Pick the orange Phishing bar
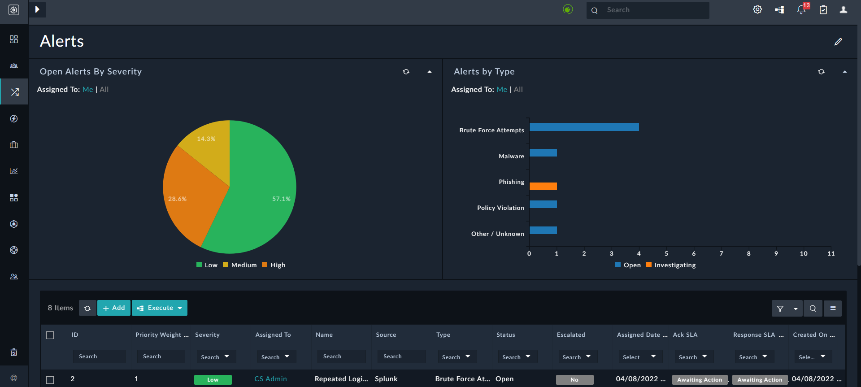click(x=543, y=186)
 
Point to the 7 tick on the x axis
click(x=721, y=253)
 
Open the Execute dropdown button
click(x=160, y=308)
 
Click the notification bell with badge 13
click(x=801, y=10)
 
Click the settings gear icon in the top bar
click(x=757, y=10)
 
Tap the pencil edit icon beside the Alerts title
click(x=838, y=42)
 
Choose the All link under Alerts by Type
click(x=518, y=90)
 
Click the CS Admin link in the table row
click(x=270, y=379)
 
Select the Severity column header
click(x=207, y=335)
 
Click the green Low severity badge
click(x=213, y=380)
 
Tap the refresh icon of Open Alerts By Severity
click(x=406, y=72)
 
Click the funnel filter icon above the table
click(x=780, y=309)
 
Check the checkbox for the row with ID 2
click(x=50, y=380)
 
